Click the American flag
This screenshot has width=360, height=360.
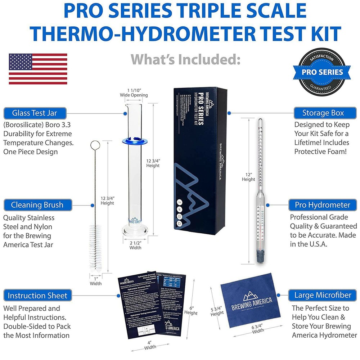pyautogui.click(x=38, y=69)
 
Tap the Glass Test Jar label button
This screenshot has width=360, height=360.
pyautogui.click(x=35, y=113)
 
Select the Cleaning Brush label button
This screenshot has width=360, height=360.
pyautogui.click(x=37, y=205)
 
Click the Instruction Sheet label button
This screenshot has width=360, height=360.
pyautogui.click(x=37, y=296)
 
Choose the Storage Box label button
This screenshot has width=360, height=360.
pyautogui.click(x=323, y=113)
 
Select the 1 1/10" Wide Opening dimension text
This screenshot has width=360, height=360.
pyautogui.click(x=134, y=93)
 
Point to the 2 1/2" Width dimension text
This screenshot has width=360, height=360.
pyautogui.click(x=135, y=245)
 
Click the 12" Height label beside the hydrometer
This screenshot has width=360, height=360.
pyautogui.click(x=248, y=177)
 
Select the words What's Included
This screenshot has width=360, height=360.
pyautogui.click(x=185, y=59)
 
